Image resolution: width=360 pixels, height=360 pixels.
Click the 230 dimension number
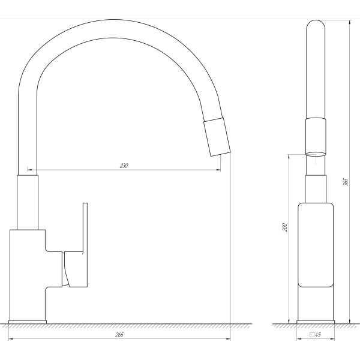[x=124, y=166]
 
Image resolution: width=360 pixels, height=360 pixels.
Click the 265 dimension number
[x=119, y=335]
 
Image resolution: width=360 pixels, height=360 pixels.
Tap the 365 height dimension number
[x=346, y=182]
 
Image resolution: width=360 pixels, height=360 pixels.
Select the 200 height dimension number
[x=285, y=227]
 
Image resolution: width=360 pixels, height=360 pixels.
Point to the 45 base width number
[x=318, y=335]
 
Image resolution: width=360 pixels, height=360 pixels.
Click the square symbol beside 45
[x=312, y=335]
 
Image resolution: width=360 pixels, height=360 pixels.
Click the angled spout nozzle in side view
[x=217, y=137]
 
